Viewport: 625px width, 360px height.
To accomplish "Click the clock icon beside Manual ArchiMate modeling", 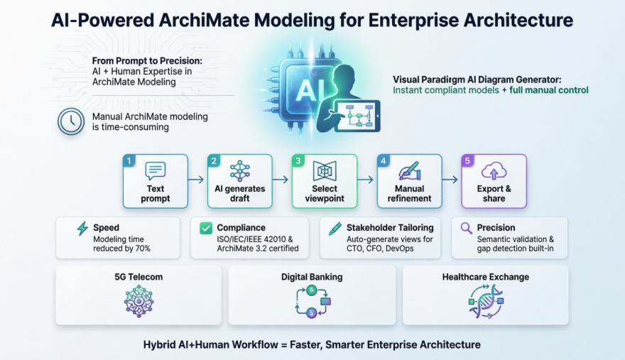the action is pyautogui.click(x=71, y=121).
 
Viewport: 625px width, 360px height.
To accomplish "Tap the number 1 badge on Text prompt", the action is pyautogui.click(x=129, y=160).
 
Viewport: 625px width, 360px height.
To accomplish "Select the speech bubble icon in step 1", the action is pyautogui.click(x=155, y=170).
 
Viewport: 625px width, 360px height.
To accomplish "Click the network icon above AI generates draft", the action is pyautogui.click(x=240, y=170).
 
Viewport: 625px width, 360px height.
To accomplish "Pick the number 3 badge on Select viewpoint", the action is pyautogui.click(x=298, y=160).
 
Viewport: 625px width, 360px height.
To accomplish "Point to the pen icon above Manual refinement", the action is pyautogui.click(x=409, y=170).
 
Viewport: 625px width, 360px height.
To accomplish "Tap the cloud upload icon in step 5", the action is pyautogui.click(x=494, y=171).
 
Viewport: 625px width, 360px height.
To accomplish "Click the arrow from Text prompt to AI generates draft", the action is pyautogui.click(x=196, y=180).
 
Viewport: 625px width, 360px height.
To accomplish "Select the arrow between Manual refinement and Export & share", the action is pyautogui.click(x=450, y=180).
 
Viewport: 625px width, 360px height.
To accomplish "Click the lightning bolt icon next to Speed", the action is pyautogui.click(x=82, y=229).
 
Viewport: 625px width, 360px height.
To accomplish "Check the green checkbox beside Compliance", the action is pyautogui.click(x=206, y=228).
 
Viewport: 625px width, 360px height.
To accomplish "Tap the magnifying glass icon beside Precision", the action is pyautogui.click(x=466, y=228).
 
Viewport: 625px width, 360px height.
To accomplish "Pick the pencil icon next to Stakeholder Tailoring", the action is pyautogui.click(x=335, y=229).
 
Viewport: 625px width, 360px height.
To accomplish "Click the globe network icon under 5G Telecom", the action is pyautogui.click(x=138, y=302).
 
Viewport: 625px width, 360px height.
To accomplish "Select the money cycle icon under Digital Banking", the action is pyautogui.click(x=312, y=302).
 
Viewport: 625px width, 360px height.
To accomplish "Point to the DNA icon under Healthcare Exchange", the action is pyautogui.click(x=486, y=302).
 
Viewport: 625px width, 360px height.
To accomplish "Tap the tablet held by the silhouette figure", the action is pyautogui.click(x=357, y=116).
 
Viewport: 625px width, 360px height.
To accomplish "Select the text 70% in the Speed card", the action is pyautogui.click(x=142, y=249).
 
